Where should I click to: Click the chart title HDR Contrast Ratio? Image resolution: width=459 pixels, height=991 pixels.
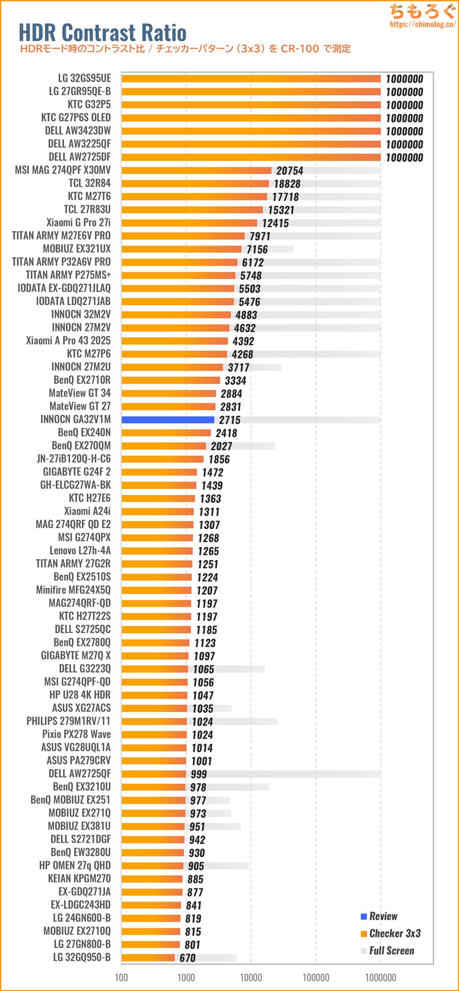(x=103, y=33)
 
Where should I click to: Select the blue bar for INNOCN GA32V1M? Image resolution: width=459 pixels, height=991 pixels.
(x=168, y=420)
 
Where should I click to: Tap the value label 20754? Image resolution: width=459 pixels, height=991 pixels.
(x=290, y=171)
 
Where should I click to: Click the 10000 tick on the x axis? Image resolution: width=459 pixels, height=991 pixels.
(x=251, y=978)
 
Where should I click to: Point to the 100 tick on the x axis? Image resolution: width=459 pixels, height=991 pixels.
(x=121, y=978)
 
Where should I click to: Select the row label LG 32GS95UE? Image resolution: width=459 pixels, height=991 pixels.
(x=84, y=78)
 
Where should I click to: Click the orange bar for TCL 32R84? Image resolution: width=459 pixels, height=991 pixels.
(x=195, y=183)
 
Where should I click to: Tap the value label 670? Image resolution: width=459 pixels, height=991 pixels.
(x=188, y=958)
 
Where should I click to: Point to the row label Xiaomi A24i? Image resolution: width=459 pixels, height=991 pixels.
(x=87, y=511)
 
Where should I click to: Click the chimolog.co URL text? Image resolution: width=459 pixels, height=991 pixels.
(x=422, y=24)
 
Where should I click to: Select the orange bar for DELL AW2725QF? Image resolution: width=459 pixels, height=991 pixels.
(x=154, y=774)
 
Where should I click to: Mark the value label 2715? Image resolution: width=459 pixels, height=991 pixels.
(x=229, y=420)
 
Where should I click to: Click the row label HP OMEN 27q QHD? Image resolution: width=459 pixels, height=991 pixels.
(x=75, y=865)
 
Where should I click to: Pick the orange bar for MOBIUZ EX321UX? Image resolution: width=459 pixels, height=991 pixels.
(x=181, y=249)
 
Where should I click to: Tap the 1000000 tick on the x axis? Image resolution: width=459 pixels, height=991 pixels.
(x=380, y=978)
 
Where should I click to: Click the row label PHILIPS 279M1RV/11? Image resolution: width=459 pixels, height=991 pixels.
(x=68, y=721)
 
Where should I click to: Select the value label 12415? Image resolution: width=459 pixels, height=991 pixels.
(x=275, y=223)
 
